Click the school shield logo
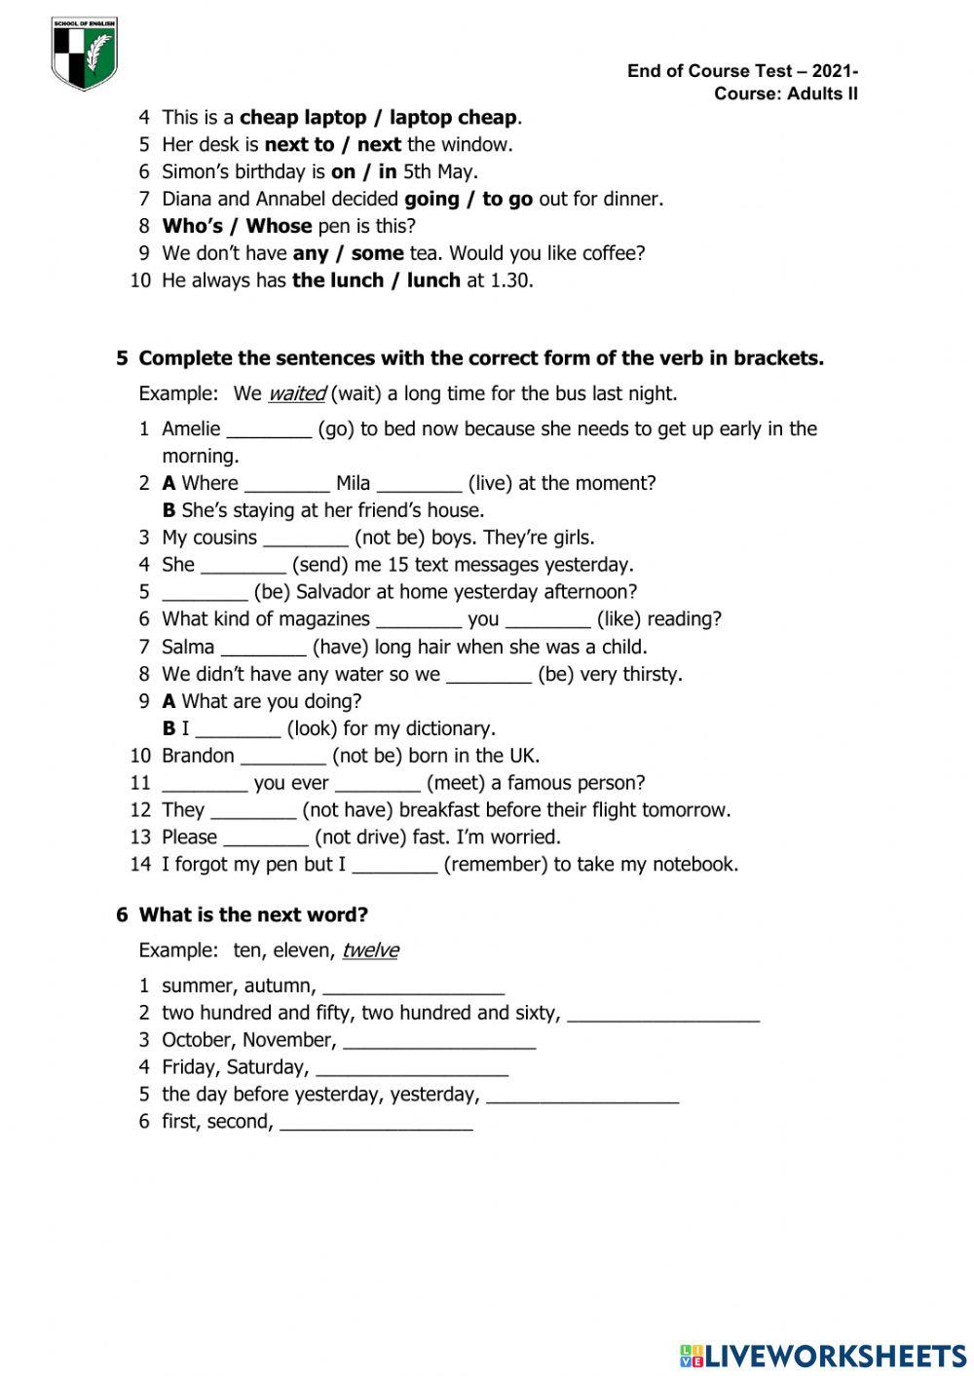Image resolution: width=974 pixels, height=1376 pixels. click(85, 54)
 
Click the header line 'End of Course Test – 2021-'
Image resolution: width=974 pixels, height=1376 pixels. click(742, 71)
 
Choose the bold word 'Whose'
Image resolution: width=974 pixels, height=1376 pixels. click(279, 226)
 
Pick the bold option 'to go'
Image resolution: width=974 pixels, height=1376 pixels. click(506, 199)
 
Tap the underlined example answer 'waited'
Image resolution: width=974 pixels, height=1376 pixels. click(296, 393)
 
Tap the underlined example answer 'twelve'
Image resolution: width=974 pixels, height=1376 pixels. click(370, 950)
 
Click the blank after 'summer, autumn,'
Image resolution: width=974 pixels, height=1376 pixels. click(413, 987)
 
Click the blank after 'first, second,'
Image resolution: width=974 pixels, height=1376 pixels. click(376, 1123)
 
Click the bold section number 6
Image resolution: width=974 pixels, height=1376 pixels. click(122, 915)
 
